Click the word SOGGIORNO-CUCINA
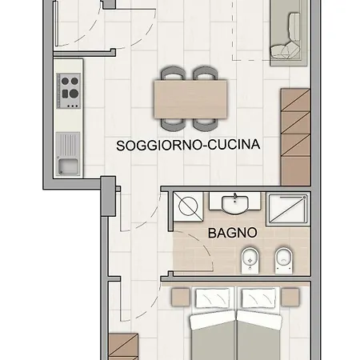coord(188,145)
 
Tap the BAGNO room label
coord(233,233)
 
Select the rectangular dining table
coord(190,99)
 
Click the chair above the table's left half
coord(173,74)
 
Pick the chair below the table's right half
coord(206,125)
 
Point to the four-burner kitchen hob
coord(69,91)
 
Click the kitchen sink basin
coord(69,166)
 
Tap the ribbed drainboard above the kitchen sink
coord(68,145)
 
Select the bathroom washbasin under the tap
coord(235,205)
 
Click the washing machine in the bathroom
coord(188,206)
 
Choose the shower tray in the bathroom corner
coord(288,209)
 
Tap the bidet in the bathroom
coord(250,261)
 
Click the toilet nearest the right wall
coord(284,261)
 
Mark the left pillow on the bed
coord(213,298)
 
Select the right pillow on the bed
coord(258,298)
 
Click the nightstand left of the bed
coord(180,297)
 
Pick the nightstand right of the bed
coord(290,297)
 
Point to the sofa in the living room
coord(289,34)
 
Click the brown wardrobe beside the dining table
coord(295,137)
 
